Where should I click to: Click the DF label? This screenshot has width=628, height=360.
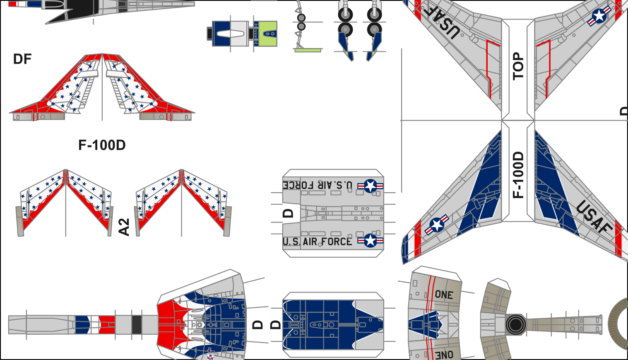[22, 59]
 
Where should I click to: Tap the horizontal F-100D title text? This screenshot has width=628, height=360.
[102, 145]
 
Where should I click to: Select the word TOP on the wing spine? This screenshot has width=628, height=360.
[518, 66]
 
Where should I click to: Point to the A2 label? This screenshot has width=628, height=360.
[124, 227]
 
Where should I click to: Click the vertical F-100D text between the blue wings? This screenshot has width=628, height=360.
[518, 174]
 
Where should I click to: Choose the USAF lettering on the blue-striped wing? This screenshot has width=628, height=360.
[594, 216]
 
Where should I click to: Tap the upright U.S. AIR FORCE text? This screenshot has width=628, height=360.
[317, 242]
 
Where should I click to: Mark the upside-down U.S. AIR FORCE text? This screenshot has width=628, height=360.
[318, 184]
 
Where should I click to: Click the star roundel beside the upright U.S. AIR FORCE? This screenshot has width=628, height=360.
[371, 240]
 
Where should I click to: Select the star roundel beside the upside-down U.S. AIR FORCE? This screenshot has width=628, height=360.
[371, 186]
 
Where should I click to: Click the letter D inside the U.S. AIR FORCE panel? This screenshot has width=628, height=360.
[288, 213]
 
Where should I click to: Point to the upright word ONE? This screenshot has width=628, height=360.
[444, 295]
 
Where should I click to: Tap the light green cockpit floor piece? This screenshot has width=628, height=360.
[265, 34]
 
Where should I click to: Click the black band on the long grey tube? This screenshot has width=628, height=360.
[137, 325]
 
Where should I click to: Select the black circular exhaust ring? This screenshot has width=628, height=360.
[515, 325]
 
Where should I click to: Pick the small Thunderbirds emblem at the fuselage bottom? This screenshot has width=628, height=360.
[211, 354]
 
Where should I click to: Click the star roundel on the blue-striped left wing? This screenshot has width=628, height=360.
[437, 225]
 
